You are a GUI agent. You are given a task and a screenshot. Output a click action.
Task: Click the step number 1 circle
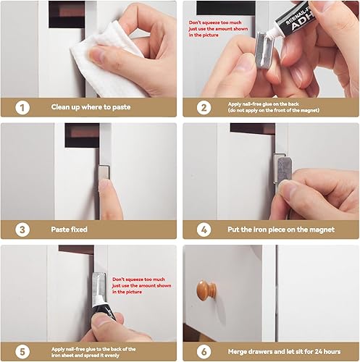pos(22,108)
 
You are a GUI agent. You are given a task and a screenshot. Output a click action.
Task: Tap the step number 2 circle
pos(204,108)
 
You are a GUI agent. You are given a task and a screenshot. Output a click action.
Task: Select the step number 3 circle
pos(22,230)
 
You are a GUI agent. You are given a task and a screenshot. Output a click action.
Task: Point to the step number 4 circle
pos(204,230)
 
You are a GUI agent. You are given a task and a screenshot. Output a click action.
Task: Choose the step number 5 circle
pos(22,352)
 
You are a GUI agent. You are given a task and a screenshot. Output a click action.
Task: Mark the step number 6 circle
pos(204,352)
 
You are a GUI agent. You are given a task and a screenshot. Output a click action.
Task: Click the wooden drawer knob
pos(206,290)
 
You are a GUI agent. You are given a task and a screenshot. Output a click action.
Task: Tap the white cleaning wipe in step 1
pos(106,60)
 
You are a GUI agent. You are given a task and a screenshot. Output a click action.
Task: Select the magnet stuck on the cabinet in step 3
pos(104,172)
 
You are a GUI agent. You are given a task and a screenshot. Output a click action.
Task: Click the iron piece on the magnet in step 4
pos(285,171)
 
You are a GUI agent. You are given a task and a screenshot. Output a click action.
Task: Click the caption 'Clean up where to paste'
pos(91,107)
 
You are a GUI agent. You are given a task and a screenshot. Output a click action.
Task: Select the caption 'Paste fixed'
pos(69,230)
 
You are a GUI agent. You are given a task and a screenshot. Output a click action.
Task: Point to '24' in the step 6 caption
pos(319,352)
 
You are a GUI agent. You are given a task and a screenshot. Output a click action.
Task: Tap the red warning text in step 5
pos(142,285)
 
